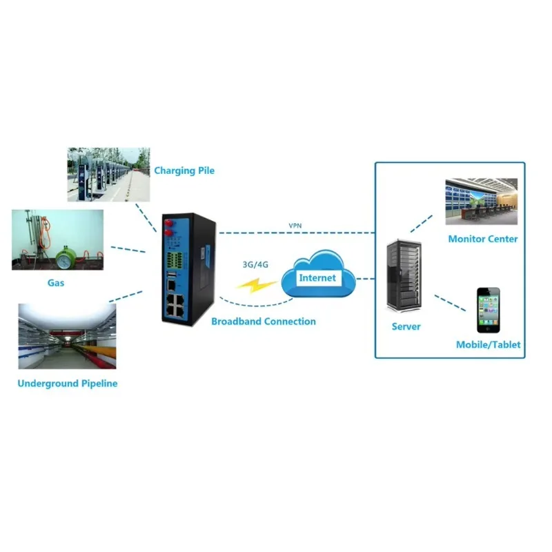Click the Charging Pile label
184,170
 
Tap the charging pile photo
109,175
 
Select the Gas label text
56,283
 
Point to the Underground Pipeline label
68,384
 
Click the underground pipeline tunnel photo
67,336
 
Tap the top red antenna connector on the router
168,223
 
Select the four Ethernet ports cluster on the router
176,305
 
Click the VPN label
295,226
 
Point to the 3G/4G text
255,264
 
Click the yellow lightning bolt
256,285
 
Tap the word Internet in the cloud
317,278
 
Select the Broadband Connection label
264,322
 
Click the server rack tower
404,276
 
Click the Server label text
406,326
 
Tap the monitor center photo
481,201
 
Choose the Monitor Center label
482,239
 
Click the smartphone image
489,310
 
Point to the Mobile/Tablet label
488,344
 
